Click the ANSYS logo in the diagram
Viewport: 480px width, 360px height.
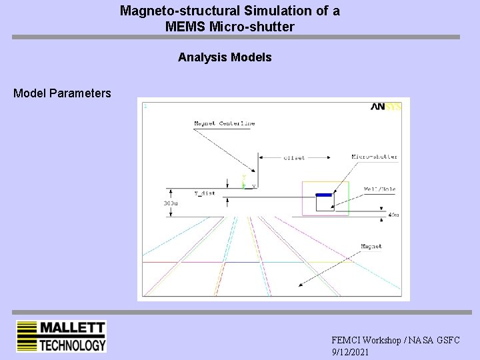click(x=386, y=107)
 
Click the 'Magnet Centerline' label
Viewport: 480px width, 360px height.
click(x=224, y=123)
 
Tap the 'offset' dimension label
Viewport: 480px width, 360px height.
click(x=294, y=157)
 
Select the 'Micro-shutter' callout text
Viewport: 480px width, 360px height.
click(x=375, y=157)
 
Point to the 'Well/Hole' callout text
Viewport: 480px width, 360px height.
click(x=379, y=189)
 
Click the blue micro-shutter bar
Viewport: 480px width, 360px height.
click(x=323, y=195)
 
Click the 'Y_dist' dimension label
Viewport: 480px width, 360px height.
click(x=205, y=193)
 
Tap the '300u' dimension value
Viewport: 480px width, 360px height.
click(x=171, y=203)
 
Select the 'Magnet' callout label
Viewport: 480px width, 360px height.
click(x=371, y=247)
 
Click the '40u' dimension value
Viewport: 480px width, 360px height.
click(x=393, y=215)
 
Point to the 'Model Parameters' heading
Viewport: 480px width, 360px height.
click(x=62, y=93)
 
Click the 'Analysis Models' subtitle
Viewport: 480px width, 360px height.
click(x=225, y=57)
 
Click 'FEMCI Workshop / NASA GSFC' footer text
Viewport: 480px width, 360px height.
click(x=395, y=340)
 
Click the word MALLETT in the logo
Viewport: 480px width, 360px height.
click(x=72, y=328)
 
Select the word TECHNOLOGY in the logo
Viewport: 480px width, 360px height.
click(x=72, y=345)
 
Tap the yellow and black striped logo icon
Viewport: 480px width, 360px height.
click(x=26, y=337)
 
